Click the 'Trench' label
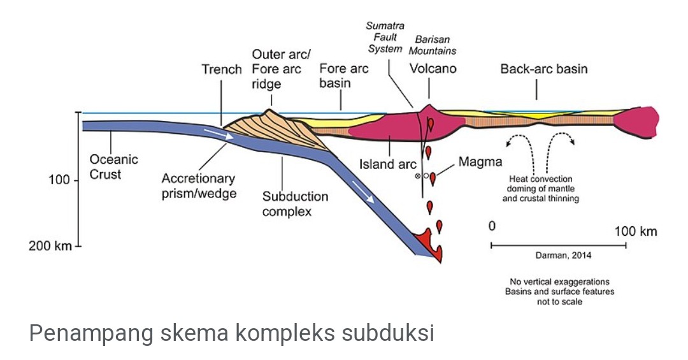tap(222, 69)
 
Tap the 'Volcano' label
tap(433, 69)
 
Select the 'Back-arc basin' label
tap(543, 69)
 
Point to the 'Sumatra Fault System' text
tap(385, 38)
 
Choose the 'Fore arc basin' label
tap(343, 76)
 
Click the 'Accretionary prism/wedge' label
tap(198, 185)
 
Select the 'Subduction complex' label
tap(295, 204)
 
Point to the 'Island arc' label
tap(387, 164)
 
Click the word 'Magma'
tap(480, 162)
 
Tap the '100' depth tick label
tap(59, 180)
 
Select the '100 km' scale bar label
tap(635, 231)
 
